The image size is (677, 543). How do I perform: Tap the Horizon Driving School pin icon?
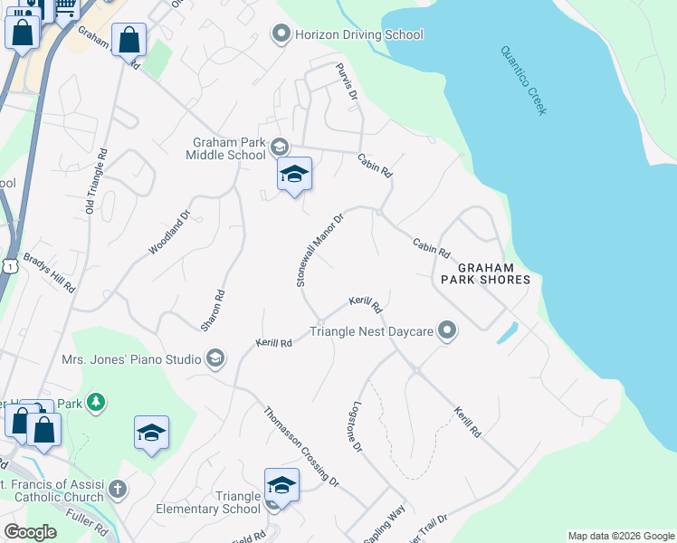tap(281, 35)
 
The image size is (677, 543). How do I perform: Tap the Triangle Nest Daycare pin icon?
tap(444, 331)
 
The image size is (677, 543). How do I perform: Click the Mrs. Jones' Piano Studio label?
tap(131, 359)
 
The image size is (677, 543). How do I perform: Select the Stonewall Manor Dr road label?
tap(320, 251)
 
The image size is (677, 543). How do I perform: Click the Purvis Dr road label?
tap(348, 82)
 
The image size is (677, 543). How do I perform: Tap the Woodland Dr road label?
tap(170, 233)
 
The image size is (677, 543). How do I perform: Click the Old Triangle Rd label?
tap(96, 182)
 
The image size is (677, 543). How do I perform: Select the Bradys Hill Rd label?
tap(49, 271)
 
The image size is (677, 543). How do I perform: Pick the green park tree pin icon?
tap(96, 401)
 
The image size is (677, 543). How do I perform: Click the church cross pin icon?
tap(116, 490)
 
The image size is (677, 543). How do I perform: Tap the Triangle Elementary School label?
tap(226, 502)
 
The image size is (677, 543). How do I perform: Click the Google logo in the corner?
tap(30, 532)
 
